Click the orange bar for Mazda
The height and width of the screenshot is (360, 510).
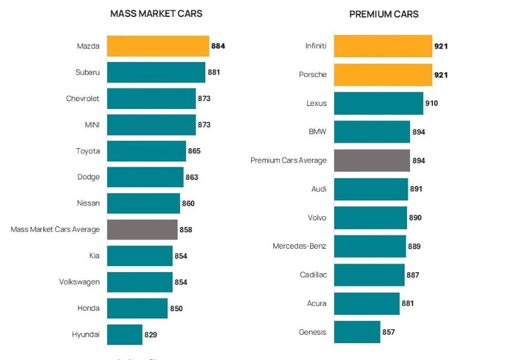(x=158, y=46)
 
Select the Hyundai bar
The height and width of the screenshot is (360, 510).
(x=125, y=335)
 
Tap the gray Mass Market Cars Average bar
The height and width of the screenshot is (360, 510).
(x=142, y=229)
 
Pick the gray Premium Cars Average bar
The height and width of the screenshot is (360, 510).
(x=372, y=161)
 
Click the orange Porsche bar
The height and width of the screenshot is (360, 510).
(x=383, y=75)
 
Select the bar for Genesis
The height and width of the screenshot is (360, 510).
(x=356, y=332)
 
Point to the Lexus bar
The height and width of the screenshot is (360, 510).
(x=378, y=104)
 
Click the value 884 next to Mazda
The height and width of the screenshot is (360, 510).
(x=218, y=46)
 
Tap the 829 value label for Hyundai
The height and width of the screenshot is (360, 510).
(x=151, y=335)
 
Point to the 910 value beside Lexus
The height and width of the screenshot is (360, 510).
(x=432, y=104)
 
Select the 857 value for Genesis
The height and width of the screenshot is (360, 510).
(x=389, y=332)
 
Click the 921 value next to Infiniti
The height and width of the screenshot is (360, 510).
(x=441, y=46)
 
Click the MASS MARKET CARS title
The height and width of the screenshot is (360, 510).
(x=156, y=14)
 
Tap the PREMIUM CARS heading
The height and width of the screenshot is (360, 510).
(x=384, y=14)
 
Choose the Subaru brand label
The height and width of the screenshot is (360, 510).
(x=87, y=72)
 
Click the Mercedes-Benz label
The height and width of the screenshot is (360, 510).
(x=299, y=246)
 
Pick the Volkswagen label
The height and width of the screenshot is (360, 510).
(x=79, y=282)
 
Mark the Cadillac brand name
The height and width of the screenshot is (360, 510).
(x=313, y=275)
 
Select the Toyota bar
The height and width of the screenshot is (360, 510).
(x=146, y=151)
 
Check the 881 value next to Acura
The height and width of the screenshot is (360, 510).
(x=408, y=303)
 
